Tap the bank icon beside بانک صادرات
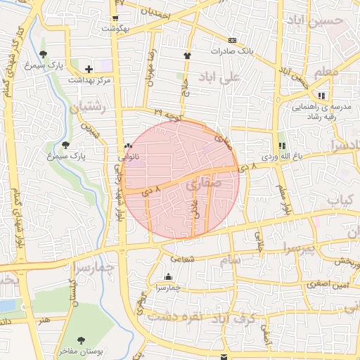click(x=232, y=40)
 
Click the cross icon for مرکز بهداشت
click(x=88, y=69)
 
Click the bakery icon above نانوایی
click(x=128, y=146)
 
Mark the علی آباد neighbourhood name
click(x=220, y=76)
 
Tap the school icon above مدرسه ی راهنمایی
click(x=321, y=96)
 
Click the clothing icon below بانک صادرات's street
click(x=186, y=56)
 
